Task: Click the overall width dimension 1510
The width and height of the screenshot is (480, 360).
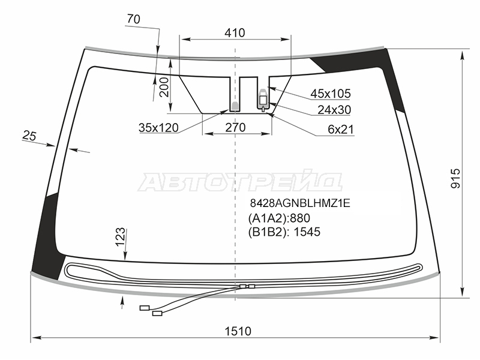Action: (238, 331)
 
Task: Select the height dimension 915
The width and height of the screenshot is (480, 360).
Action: (456, 178)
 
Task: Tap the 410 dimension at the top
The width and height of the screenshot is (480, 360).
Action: (235, 33)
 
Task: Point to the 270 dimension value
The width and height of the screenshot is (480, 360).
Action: (235, 127)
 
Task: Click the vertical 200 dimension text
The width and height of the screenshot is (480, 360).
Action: (164, 87)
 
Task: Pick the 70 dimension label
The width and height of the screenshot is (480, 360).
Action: (133, 19)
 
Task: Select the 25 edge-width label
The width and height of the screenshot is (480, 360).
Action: (29, 136)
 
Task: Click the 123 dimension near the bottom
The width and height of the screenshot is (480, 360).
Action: (121, 236)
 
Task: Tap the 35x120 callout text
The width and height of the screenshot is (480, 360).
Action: (158, 128)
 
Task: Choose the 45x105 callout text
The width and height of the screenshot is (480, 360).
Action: (331, 94)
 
